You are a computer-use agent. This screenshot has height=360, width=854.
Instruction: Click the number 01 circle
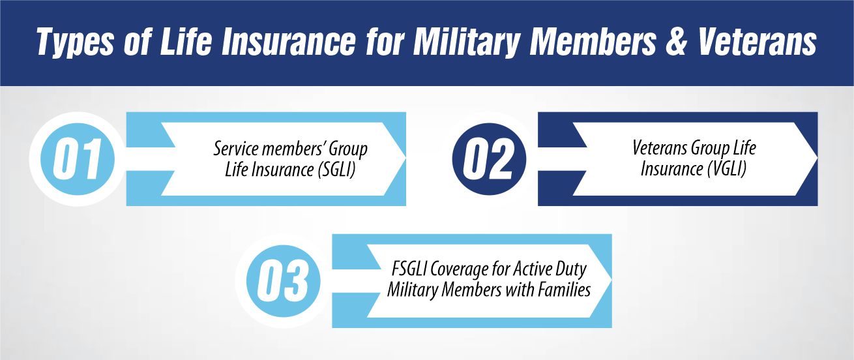click(x=76, y=159)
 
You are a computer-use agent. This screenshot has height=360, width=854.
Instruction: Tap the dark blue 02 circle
click(x=490, y=159)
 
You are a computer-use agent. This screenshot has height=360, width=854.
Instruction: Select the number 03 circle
click(x=282, y=281)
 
